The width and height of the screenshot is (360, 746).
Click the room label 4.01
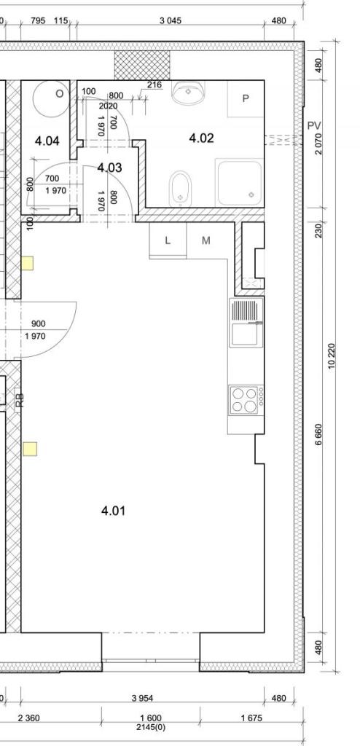point(113,511)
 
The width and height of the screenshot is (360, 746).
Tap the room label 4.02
point(201,138)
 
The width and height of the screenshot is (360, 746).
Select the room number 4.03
point(109,168)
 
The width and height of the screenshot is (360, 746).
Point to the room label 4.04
point(47,141)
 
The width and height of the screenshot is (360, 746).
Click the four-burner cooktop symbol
point(246,399)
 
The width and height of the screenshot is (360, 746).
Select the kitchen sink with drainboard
point(246,322)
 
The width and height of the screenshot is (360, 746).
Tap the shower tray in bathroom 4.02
point(240,182)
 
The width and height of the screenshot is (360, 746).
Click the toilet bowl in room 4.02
point(179,189)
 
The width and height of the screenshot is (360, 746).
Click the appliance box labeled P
point(246,98)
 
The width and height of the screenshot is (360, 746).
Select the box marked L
point(168,240)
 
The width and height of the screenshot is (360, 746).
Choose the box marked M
point(206,240)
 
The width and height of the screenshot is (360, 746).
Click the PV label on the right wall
point(314,125)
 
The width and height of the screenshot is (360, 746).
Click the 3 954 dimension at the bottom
point(142,698)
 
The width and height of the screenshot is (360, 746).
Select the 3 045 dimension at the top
point(170,20)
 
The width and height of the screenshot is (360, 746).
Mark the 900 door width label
point(38,324)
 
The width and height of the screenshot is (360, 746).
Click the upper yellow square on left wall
point(28,263)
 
